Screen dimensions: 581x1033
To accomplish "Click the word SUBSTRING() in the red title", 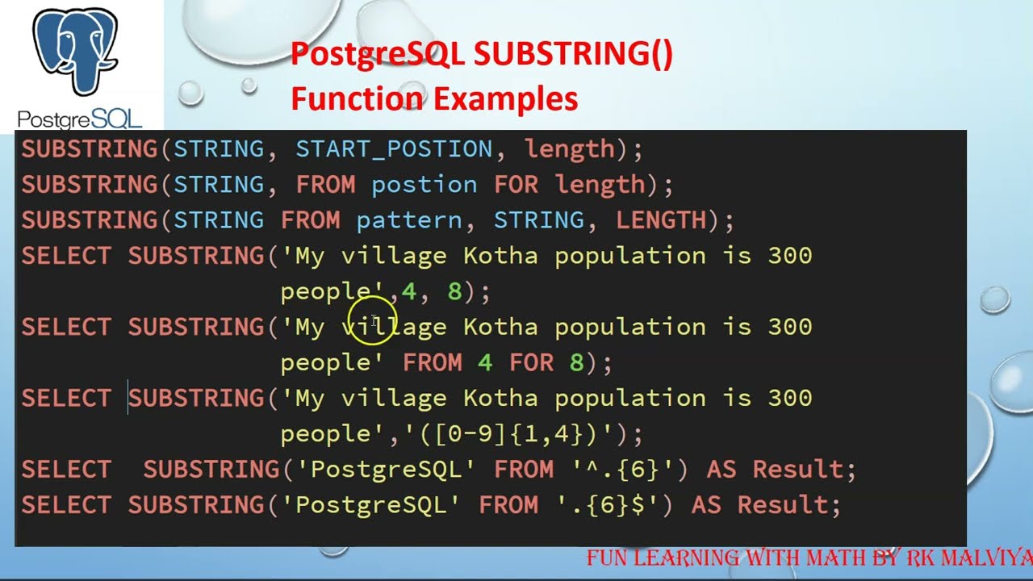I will click(573, 55).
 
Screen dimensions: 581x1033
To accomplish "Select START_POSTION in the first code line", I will click(394, 149).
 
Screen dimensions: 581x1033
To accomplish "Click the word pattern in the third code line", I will click(408, 220).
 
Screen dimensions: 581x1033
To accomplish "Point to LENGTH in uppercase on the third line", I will click(661, 220).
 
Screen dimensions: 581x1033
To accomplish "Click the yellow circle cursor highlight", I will click(374, 321).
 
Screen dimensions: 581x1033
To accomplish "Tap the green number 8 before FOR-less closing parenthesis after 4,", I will click(454, 291).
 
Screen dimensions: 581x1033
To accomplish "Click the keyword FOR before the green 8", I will click(531, 363).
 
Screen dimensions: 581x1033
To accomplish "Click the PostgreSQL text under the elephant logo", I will click(79, 120).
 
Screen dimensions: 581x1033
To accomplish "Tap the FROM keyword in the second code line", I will click(325, 185).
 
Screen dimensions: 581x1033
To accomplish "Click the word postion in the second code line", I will click(424, 185).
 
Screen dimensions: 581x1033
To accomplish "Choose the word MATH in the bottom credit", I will click(807, 558).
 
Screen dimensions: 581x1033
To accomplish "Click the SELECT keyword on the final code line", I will click(66, 506).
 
